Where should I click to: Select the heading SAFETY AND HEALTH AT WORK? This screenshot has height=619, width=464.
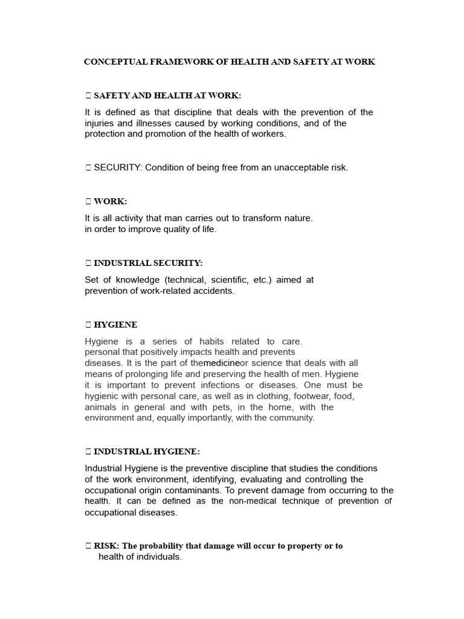[167, 96]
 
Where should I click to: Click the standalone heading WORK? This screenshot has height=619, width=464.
[111, 201]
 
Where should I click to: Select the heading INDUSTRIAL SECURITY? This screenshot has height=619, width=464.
[148, 263]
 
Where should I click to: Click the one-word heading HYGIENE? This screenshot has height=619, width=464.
[115, 325]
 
